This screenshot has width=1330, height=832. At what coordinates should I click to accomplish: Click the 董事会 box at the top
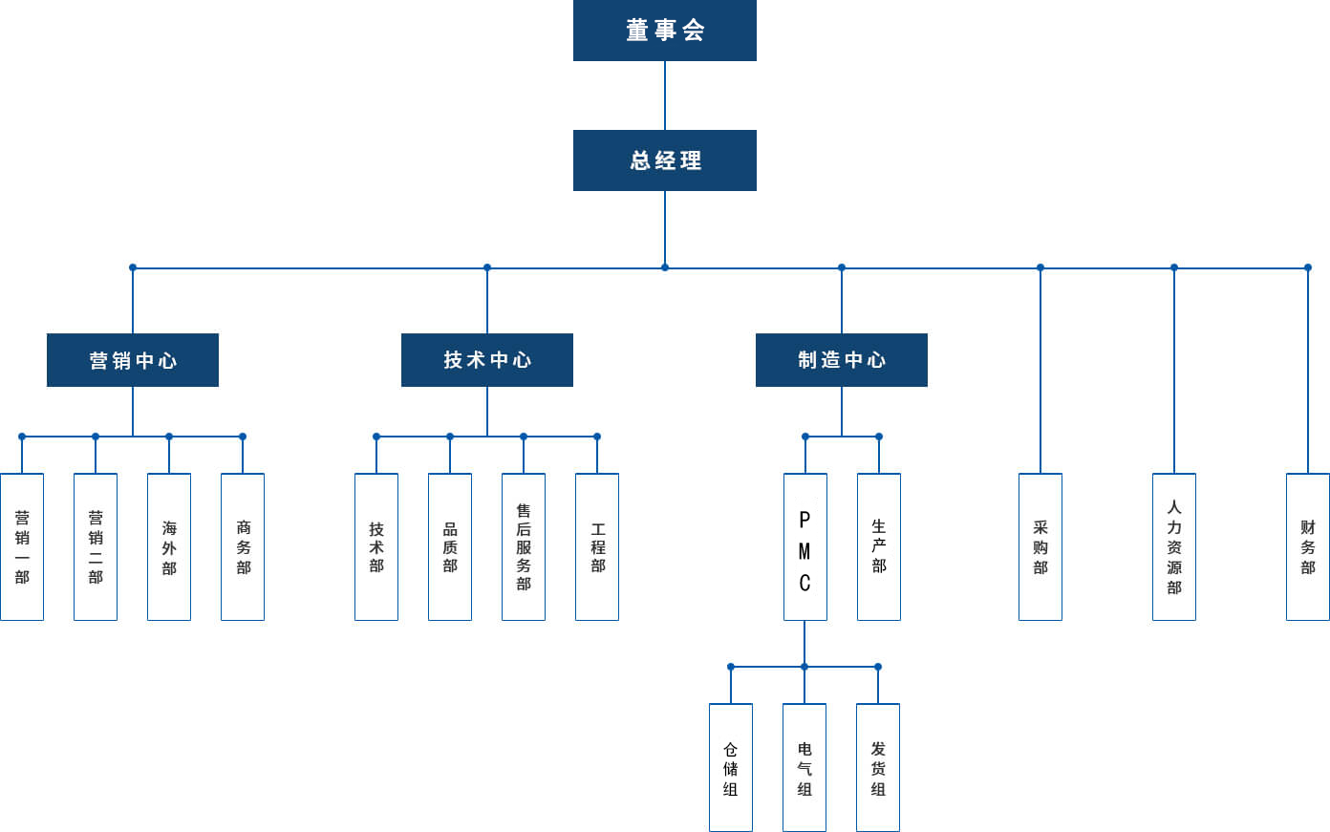coord(665,31)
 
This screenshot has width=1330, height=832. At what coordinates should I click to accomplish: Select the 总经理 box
coord(665,160)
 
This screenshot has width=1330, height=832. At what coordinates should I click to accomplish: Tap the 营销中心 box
coord(133,360)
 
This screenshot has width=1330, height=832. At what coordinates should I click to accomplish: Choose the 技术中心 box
coord(487,360)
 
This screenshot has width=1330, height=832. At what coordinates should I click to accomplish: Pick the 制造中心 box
coord(842,360)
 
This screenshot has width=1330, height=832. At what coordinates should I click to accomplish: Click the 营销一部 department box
coord(22,546)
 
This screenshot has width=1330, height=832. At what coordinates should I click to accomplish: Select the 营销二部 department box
coord(96,546)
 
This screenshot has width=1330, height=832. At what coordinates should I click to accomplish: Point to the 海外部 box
coord(169,546)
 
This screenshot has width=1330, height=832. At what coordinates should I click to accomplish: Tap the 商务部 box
coord(243,546)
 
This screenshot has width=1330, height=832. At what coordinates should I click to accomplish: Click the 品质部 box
coord(450,546)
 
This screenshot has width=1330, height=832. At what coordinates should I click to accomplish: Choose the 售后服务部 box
coord(524,546)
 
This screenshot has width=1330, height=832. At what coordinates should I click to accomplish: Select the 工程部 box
coord(597,546)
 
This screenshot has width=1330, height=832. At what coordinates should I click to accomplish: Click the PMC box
coord(804,546)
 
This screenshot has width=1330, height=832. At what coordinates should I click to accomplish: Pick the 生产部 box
coord(879,546)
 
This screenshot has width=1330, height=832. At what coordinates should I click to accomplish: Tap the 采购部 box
coord(1040,546)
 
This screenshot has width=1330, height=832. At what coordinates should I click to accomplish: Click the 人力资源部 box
coord(1174,546)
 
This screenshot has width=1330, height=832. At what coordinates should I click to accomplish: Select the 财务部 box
coord(1308,546)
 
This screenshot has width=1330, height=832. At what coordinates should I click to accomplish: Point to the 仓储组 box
coord(731,768)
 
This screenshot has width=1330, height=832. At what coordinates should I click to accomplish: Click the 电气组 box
coord(804,768)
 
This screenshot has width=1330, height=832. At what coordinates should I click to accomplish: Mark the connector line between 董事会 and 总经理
coord(665,96)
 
